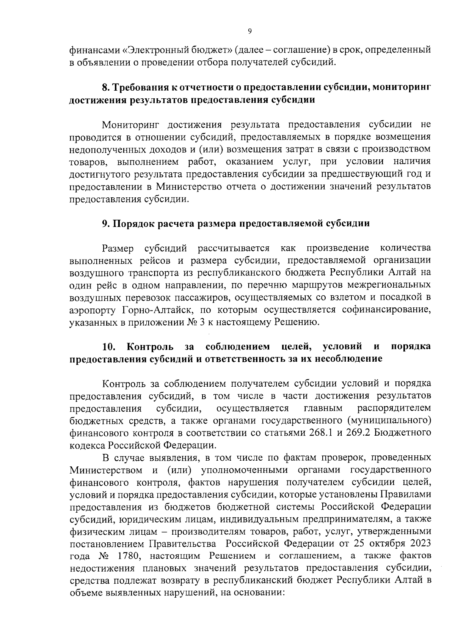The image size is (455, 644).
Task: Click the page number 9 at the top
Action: tap(249, 32)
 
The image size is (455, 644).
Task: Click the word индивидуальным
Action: tap(264, 519)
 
